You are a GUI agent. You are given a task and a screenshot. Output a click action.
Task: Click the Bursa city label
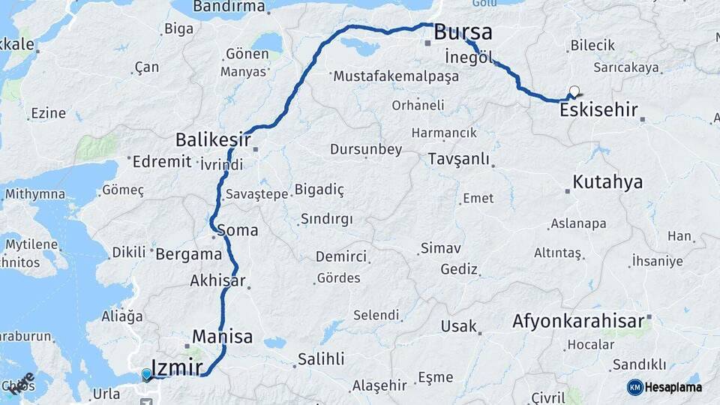[463, 33]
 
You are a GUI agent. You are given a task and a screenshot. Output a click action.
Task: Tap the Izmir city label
[177, 367]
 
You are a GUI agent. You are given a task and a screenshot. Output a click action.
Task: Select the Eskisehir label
[598, 110]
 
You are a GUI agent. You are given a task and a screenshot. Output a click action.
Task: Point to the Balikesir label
[211, 139]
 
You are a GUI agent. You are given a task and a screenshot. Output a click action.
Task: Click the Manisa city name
[222, 336]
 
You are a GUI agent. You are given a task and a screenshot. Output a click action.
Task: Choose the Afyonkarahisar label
[578, 322]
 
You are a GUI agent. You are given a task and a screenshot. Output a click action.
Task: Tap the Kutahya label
[607, 181]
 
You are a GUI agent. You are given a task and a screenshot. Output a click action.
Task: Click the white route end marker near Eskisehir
[574, 91]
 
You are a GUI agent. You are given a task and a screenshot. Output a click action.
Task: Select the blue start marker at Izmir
[146, 373]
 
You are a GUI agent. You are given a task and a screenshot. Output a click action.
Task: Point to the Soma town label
[238, 230]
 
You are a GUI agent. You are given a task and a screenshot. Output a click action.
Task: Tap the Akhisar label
[218, 281]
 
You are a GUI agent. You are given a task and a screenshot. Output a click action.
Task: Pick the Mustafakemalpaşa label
[395, 76]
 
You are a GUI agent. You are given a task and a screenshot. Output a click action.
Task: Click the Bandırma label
[229, 7]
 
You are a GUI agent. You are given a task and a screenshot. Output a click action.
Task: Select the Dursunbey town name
[366, 149]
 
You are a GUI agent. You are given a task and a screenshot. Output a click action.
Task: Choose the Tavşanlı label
[458, 159]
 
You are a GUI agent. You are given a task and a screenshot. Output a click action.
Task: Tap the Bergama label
[189, 253]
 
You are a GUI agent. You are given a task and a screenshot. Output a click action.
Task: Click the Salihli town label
[321, 358]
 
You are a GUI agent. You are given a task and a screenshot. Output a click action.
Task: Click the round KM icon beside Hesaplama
[634, 387]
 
